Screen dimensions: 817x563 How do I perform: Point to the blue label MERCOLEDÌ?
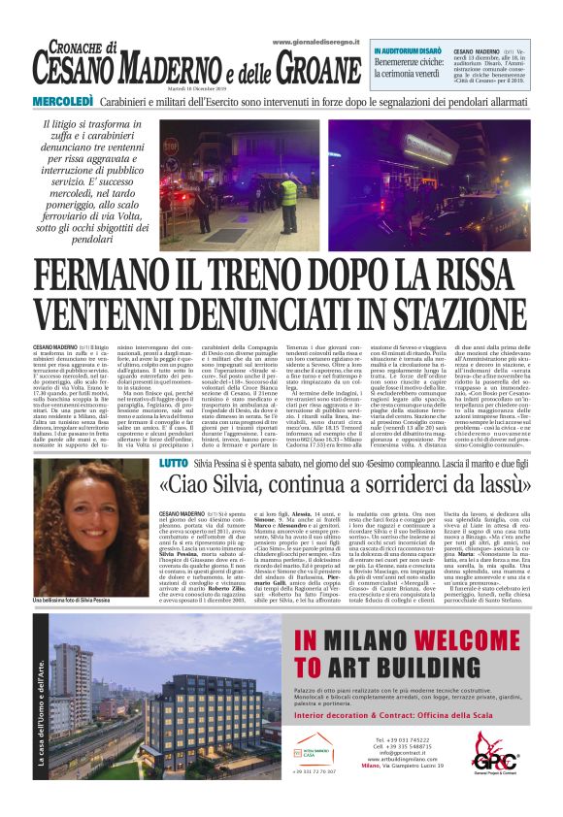(x=63, y=102)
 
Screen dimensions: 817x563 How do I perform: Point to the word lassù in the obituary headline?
(x=497, y=485)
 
